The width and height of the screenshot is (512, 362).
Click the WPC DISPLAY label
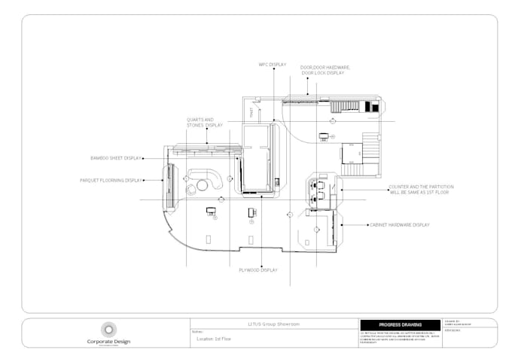(272, 65)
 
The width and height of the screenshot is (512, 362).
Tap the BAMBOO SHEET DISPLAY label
(116, 158)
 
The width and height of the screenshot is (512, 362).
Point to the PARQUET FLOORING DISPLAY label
(111, 181)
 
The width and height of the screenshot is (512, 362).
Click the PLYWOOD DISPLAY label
(258, 269)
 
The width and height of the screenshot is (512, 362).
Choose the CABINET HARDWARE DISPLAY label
(398, 225)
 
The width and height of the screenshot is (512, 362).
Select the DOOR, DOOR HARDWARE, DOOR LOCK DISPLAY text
(326, 70)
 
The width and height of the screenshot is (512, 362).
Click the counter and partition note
(419, 190)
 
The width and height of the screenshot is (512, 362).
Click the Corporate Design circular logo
(108, 328)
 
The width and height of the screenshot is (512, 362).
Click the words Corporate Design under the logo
(108, 341)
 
